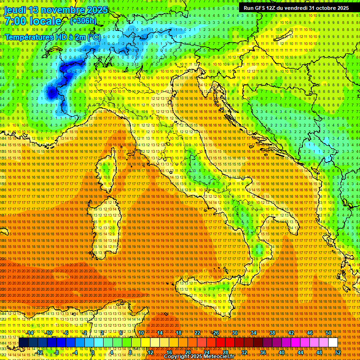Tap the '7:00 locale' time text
(x=33, y=21)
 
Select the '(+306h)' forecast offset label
(x=83, y=21)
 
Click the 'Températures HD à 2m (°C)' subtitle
(x=52, y=37)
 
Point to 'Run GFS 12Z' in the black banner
(x=261, y=8)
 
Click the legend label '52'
(x=337, y=352)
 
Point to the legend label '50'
(x=329, y=333)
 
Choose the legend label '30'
(x=235, y=333)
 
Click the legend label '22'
(x=197, y=333)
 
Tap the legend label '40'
(x=282, y=352)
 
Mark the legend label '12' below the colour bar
(x=150, y=352)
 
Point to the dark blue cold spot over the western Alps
(x=51, y=93)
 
